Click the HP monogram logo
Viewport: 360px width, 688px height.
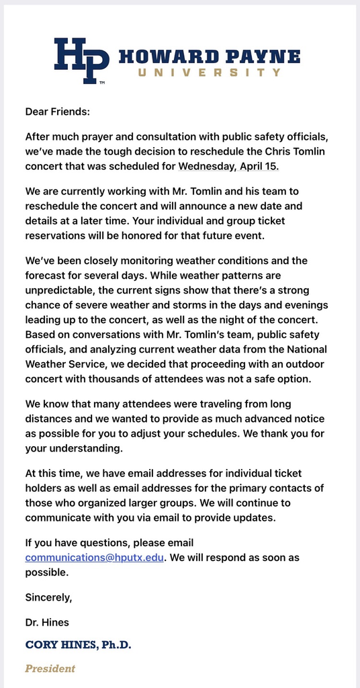coord(81,60)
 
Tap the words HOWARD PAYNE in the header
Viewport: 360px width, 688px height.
coord(209,56)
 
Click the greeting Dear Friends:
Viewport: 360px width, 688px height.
coord(57,112)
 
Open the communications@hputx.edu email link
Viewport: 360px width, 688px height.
coord(94,558)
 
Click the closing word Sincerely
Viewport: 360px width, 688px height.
coord(48,597)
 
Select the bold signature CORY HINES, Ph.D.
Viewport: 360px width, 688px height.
coord(78,644)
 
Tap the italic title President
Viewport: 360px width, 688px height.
coord(50,669)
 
